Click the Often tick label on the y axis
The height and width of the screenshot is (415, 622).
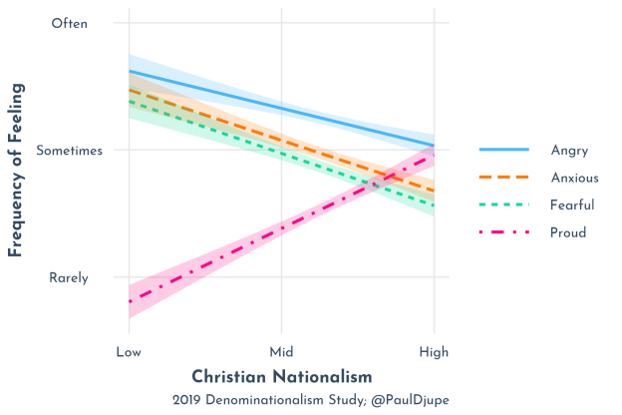tap(70, 23)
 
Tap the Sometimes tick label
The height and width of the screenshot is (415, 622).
tap(70, 151)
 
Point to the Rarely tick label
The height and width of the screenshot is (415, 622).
tap(70, 277)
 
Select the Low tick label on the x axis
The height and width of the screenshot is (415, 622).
tap(129, 352)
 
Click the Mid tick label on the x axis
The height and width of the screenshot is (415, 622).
tap(281, 352)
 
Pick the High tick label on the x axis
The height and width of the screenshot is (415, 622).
tap(434, 352)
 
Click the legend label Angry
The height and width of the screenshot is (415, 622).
tap(569, 151)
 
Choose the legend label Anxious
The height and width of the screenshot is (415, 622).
tap(574, 178)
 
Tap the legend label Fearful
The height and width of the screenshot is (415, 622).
tap(572, 206)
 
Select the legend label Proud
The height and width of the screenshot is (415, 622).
tap(568, 232)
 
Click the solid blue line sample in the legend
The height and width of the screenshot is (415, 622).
tap(503, 151)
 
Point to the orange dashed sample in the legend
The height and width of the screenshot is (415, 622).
tap(503, 178)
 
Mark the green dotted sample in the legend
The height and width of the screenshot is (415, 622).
tap(503, 206)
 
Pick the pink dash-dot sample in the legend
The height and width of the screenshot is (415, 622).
tap(503, 232)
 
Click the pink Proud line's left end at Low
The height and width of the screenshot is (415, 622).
tap(130, 301)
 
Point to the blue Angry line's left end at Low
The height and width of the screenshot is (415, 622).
tap(130, 71)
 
